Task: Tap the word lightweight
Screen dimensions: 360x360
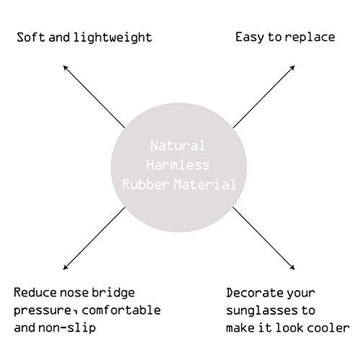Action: [113, 38]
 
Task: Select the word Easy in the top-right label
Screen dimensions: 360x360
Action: [250, 37]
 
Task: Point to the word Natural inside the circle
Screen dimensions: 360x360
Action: [178, 145]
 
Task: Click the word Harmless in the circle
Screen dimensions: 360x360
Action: [178, 165]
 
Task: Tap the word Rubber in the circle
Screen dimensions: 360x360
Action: [145, 184]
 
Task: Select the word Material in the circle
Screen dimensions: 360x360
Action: [204, 184]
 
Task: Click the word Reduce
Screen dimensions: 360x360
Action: [35, 292]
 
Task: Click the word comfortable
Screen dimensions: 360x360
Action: [121, 310]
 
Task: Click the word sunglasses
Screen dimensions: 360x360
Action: [262, 311]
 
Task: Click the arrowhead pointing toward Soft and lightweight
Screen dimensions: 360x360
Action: [66, 68]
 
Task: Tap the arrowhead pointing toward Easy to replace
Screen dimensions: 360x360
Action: [292, 68]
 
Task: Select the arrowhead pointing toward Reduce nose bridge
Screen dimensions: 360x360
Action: [66, 268]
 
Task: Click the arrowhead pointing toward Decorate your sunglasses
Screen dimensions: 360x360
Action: [292, 268]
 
